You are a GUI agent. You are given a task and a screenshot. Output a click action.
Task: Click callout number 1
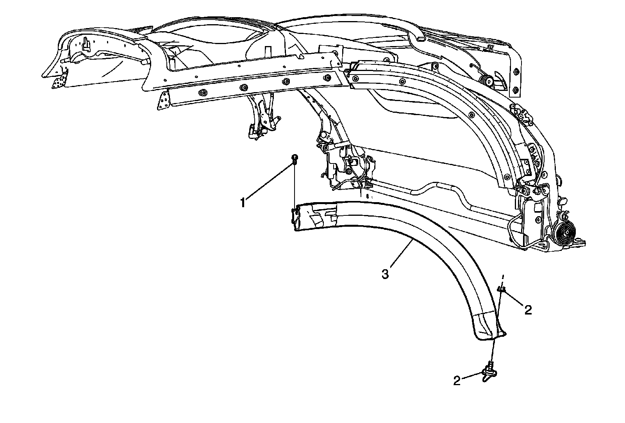coord(243,203)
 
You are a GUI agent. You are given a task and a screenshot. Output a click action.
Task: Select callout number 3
coord(385,274)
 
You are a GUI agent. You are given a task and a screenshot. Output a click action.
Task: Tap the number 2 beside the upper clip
coord(528,310)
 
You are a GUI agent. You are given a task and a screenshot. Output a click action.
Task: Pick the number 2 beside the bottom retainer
coord(457,381)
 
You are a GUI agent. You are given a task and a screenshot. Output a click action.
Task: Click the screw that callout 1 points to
coord(295,158)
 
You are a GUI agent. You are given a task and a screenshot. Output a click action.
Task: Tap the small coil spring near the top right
coord(487,81)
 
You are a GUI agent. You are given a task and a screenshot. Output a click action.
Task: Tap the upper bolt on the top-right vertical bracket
coord(516,72)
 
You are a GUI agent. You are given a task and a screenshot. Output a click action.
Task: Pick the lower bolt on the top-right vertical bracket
coord(516,91)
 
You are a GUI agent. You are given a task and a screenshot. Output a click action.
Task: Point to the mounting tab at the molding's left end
coord(296,216)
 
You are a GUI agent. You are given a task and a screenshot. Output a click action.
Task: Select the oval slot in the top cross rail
coord(418,39)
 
